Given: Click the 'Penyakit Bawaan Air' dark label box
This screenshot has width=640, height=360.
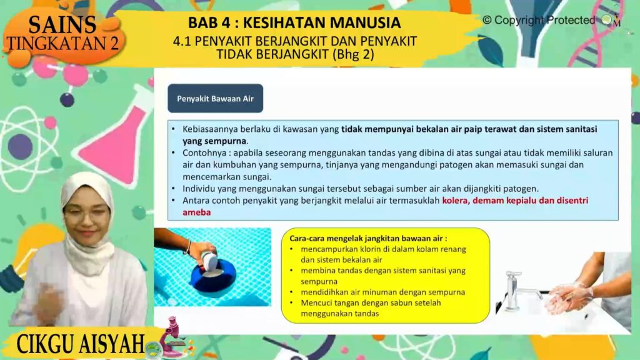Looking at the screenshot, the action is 215,98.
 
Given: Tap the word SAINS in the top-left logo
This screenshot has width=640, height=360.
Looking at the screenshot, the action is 62,24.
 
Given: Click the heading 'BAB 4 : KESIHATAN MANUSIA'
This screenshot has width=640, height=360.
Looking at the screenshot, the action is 294,22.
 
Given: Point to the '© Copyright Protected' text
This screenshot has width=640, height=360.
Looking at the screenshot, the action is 539,20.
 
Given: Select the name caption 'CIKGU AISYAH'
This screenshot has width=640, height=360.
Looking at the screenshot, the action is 81,344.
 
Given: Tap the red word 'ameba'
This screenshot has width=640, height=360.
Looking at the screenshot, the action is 197,212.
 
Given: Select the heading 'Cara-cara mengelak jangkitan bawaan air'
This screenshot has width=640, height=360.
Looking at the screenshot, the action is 368,238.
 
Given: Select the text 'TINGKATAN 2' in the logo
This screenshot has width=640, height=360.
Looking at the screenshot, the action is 63,43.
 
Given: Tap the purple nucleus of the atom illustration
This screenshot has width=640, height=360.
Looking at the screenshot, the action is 20,146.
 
